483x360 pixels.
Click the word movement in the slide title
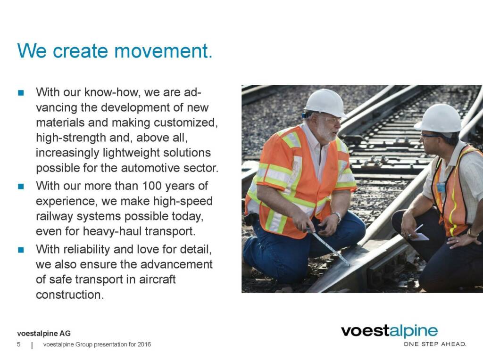point(164,51)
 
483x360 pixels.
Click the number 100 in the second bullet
point(151,186)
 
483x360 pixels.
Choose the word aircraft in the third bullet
point(157,279)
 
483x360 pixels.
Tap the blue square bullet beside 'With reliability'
point(21,250)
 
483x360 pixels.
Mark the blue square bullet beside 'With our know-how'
point(21,93)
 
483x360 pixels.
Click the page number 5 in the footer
point(19,344)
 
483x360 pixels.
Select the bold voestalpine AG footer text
point(44,333)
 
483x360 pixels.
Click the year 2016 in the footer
point(144,344)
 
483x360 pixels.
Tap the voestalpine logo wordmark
point(389,331)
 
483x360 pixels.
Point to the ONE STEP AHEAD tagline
point(434,344)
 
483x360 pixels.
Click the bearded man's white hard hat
point(325,103)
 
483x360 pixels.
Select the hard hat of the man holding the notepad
point(439,118)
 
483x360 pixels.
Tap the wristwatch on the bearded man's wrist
point(338,217)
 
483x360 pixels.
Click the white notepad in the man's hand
point(419,237)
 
